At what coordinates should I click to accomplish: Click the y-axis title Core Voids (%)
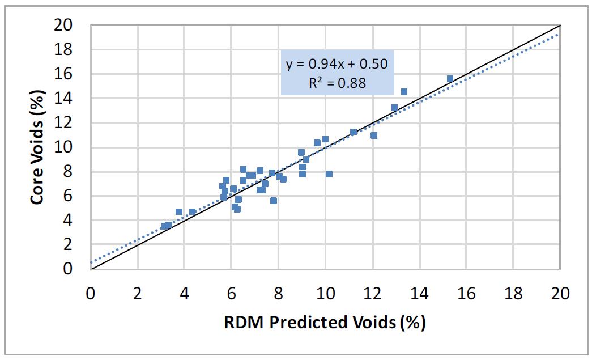coord(38,146)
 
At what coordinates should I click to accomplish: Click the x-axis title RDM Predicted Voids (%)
coord(325,322)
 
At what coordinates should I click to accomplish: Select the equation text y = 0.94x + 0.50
coord(337,63)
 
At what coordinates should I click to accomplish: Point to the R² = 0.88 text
coord(337,83)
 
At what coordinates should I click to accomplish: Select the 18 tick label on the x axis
coord(513,294)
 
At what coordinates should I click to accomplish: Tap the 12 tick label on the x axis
coord(372,294)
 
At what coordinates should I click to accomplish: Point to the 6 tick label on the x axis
coord(231,294)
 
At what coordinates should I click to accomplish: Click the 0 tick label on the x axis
coord(91,294)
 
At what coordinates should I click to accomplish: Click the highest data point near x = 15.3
coord(450,79)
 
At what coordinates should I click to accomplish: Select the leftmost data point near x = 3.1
coord(164,226)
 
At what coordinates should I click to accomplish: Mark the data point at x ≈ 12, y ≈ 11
coord(373,135)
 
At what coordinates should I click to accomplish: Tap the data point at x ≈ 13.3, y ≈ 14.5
coord(404,92)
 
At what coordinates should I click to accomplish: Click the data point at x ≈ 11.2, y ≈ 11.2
coord(354,132)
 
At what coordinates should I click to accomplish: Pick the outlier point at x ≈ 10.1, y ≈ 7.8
coord(329,174)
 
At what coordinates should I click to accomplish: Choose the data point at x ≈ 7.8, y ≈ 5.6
coord(274,201)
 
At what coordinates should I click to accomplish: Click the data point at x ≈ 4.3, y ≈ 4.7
coord(192,211)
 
